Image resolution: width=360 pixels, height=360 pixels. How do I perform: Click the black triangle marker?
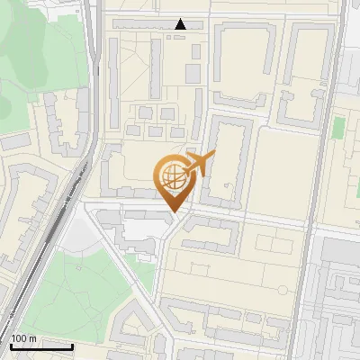click(181, 24)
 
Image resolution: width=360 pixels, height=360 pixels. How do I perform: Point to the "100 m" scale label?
click(24, 338)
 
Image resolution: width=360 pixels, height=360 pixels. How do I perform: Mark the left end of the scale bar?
click(10, 346)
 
